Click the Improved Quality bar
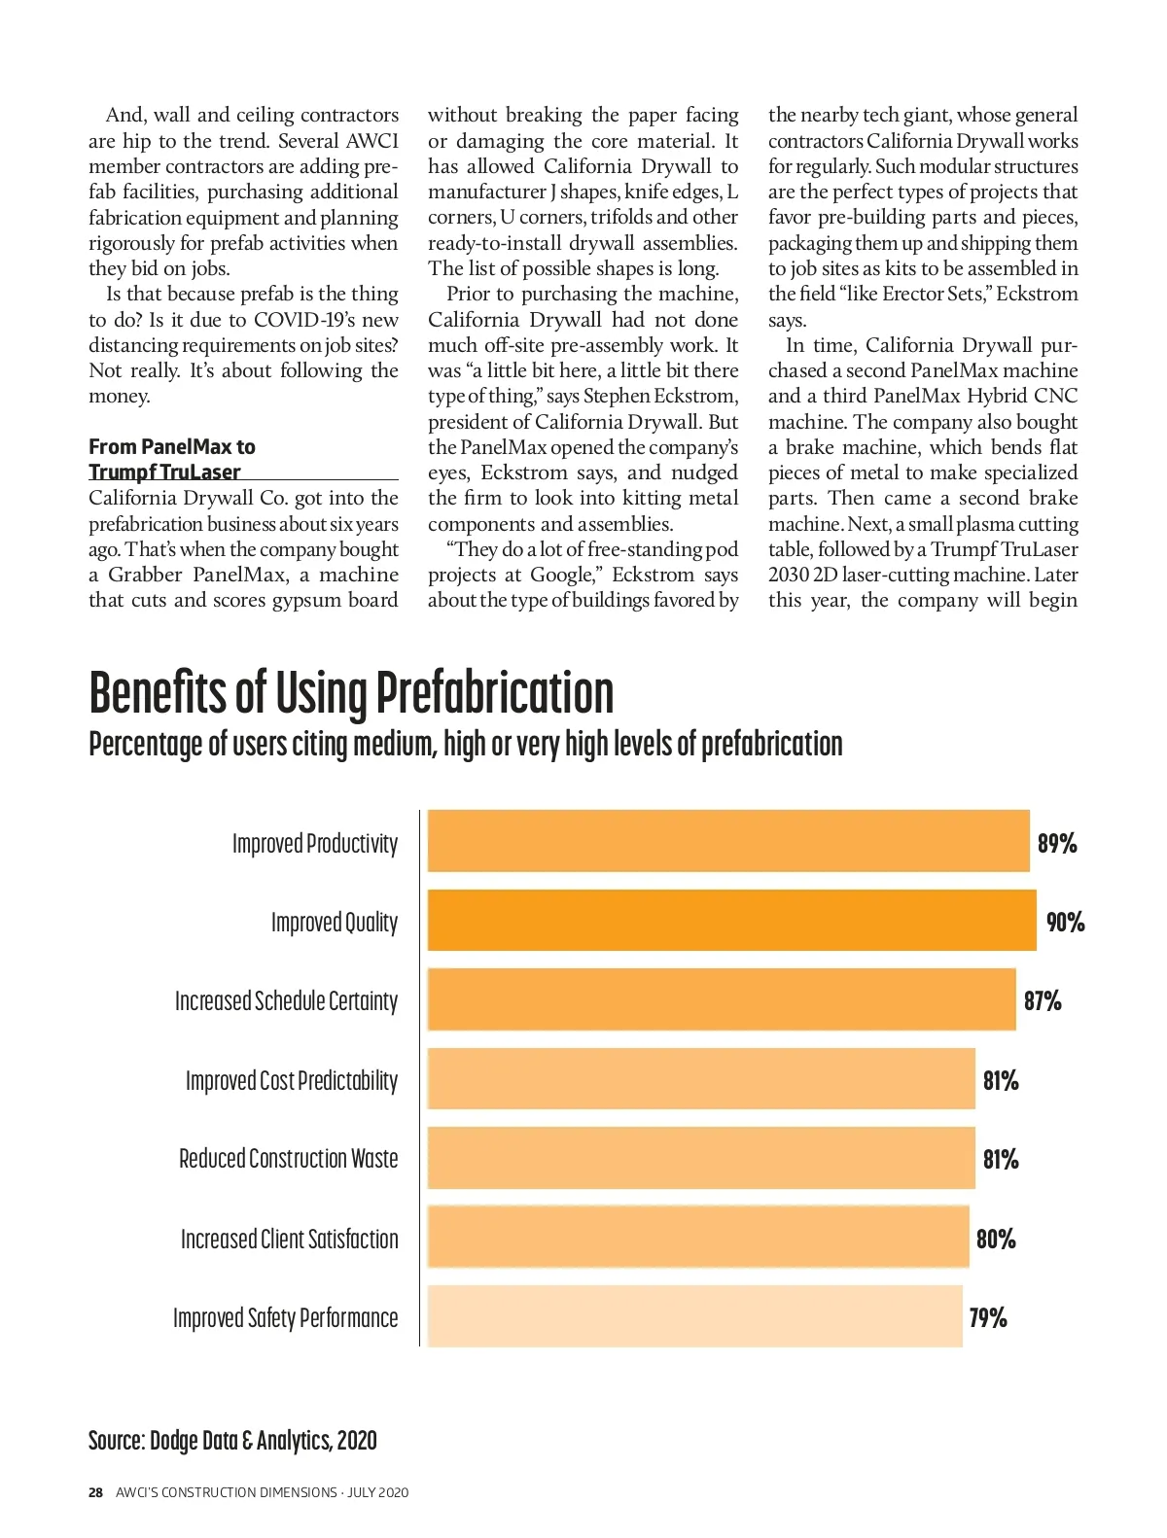tap(731, 920)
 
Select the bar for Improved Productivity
tap(728, 841)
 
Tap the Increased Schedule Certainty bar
tap(722, 999)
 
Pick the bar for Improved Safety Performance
tap(694, 1316)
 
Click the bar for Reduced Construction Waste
tap(701, 1158)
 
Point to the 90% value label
tap(1065, 922)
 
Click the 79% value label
tap(988, 1318)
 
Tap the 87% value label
tap(1043, 1000)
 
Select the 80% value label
tap(996, 1239)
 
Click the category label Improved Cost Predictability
tap(292, 1080)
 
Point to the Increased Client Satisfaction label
tap(290, 1239)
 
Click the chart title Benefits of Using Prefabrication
tap(351, 692)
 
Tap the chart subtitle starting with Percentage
tap(465, 744)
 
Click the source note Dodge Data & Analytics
tap(232, 1440)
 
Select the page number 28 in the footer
tap(95, 1492)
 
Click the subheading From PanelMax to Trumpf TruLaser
tap(172, 459)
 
